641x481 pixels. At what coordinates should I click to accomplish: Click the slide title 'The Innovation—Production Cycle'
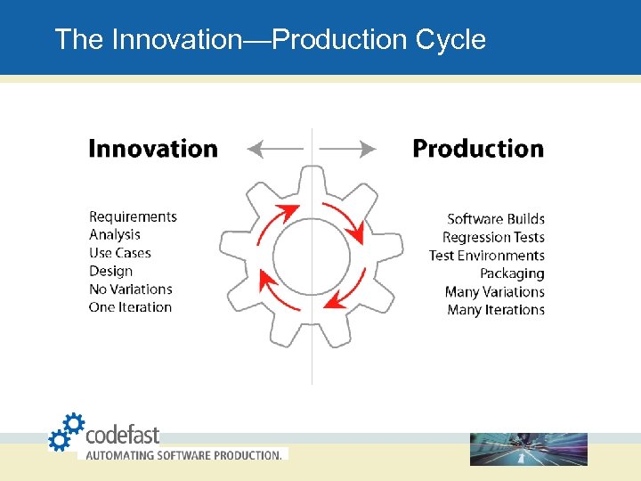coord(270,40)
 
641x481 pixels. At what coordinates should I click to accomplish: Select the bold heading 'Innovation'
coord(153,149)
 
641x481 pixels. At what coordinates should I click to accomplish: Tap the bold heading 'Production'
coord(478,149)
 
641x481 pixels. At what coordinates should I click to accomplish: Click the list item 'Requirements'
coord(133,216)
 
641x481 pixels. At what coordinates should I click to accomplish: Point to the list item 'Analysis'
coord(115,235)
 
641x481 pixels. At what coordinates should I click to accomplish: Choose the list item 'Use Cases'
coord(120,253)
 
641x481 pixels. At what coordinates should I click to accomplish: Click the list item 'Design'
coord(110,271)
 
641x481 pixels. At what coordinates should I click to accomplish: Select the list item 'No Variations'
coord(131,289)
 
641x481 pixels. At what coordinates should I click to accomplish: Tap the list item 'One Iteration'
coord(130,307)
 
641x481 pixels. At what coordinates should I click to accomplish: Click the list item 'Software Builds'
coord(496,219)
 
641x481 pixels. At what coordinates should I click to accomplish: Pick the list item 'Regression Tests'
coord(493,238)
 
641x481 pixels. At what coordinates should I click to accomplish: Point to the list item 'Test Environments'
coord(486,256)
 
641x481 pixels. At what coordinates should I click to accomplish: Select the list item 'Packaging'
coord(512,273)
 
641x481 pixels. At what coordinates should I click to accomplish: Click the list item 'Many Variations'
coord(495,292)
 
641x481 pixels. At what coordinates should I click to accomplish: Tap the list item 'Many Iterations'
coord(496,310)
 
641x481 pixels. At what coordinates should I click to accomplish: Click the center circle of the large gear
coord(312,257)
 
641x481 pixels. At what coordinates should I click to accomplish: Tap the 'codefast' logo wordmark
coord(122,435)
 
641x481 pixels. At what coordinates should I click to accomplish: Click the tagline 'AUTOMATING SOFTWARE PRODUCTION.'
coord(183,455)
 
